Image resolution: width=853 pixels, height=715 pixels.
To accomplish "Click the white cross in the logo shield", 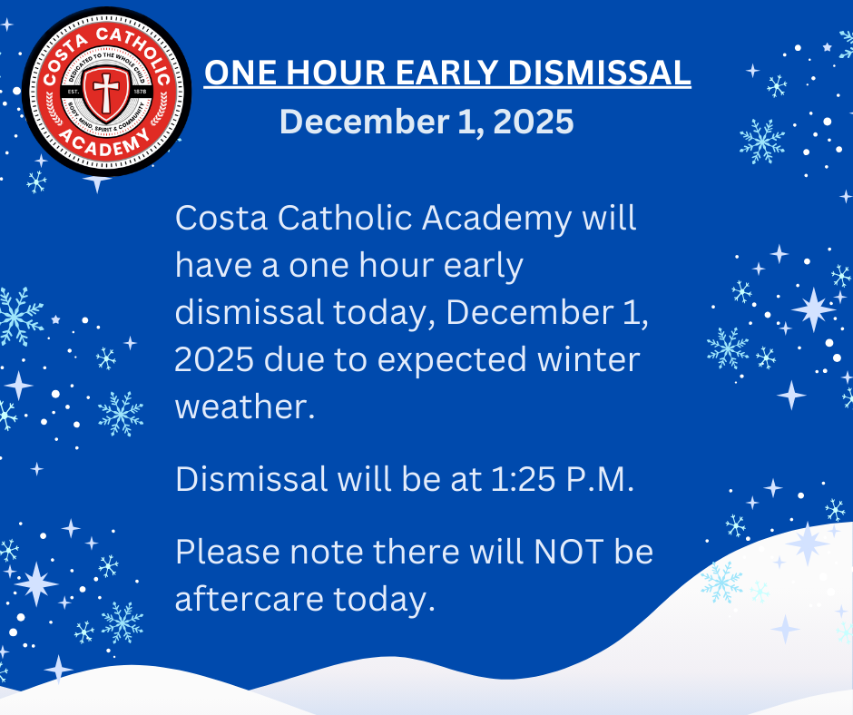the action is [106, 91].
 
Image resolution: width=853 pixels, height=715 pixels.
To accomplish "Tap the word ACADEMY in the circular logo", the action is [104, 145].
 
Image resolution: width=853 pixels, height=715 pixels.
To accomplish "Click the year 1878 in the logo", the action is [140, 92].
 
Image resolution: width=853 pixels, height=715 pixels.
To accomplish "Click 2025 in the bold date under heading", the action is [534, 122].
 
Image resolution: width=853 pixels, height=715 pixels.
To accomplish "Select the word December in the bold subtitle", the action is [364, 122].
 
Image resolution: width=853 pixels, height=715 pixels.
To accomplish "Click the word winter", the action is [589, 359].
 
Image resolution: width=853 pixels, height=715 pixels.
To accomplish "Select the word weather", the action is [245, 406].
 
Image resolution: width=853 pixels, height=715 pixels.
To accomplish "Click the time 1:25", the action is [515, 479].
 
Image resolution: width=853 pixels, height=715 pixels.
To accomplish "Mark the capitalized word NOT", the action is [568, 552].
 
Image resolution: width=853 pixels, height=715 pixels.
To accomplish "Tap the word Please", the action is [228, 552].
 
